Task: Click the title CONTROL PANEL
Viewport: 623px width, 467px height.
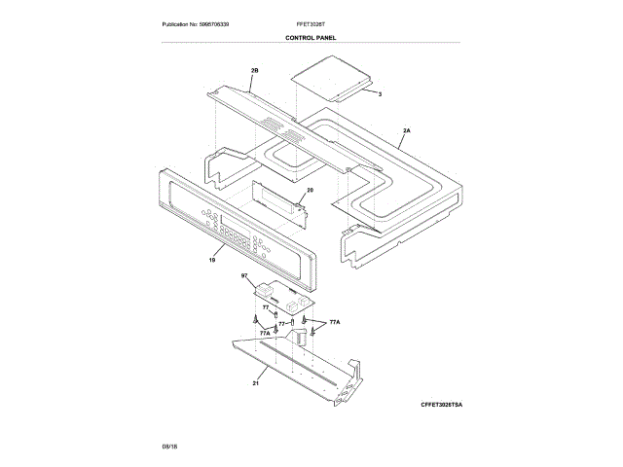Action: coord(311,38)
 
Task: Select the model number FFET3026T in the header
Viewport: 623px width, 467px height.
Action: coord(311,23)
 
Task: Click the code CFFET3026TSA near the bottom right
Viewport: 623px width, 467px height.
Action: coord(428,403)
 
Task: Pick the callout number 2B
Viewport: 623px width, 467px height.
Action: coord(255,71)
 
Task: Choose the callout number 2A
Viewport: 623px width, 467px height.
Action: coord(406,129)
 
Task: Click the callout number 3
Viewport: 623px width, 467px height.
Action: coord(380,93)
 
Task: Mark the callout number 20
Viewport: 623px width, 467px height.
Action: coord(310,191)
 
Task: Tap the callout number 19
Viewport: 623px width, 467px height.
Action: coord(212,260)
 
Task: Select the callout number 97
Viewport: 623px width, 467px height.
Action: coord(244,277)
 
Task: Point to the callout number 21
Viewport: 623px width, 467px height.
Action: coord(256,383)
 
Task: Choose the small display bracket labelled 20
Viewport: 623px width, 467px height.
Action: coord(277,200)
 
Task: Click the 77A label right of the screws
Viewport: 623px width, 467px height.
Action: coord(335,321)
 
